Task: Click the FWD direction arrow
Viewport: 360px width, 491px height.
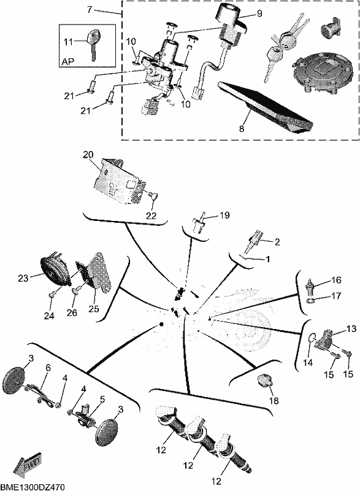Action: point(27,464)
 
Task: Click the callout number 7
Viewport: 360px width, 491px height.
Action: point(90,10)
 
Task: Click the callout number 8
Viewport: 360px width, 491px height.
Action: point(242,128)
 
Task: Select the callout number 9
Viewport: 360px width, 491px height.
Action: point(259,14)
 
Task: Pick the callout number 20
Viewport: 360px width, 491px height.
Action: point(88,155)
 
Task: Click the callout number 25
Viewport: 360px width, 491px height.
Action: point(93,309)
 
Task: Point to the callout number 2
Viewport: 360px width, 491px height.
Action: point(277,241)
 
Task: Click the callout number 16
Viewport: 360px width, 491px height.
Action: point(336,280)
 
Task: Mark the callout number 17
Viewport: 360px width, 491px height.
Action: point(336,295)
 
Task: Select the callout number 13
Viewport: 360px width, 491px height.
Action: point(351,329)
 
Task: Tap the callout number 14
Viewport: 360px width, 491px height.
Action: point(308,362)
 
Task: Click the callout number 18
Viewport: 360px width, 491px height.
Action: point(274,401)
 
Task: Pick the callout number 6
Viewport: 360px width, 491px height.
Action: point(48,368)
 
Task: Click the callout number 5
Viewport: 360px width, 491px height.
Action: point(102,400)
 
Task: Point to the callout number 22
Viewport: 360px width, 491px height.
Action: point(151,216)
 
